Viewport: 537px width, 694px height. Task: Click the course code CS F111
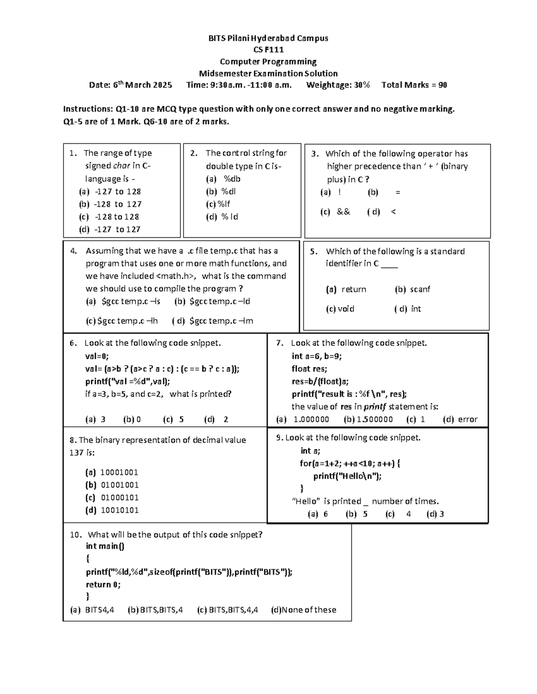pos(268,50)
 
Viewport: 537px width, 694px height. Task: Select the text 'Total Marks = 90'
pos(414,85)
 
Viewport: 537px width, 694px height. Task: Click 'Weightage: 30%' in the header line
pos(338,85)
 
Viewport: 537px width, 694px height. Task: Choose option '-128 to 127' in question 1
pos(117,204)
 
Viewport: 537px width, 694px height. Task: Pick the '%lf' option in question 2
pos(224,204)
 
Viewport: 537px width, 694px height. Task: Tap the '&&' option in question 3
pos(343,212)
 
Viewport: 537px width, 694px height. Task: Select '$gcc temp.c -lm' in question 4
pos(221,321)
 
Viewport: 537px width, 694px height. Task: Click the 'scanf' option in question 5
pos(420,289)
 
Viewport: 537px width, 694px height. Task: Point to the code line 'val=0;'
pos(97,356)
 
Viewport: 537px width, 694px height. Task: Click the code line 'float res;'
pos(309,369)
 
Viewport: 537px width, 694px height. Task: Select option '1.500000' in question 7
pos(375,419)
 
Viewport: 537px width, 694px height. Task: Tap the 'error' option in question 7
pos(468,419)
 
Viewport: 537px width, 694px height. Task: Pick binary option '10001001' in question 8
pos(119,472)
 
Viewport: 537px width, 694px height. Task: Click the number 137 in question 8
pos(76,453)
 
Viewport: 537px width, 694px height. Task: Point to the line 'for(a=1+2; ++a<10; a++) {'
pos(350,463)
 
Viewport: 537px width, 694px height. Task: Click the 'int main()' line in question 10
pos(105,546)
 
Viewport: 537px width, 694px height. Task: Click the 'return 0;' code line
pos(103,585)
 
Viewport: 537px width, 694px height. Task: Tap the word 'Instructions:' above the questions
pos(88,109)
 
